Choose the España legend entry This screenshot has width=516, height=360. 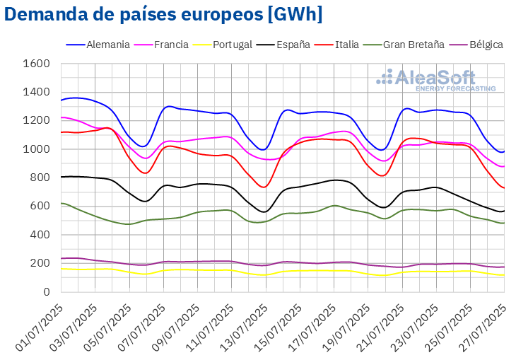[x=291, y=45]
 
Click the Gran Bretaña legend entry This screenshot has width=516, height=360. [x=414, y=45]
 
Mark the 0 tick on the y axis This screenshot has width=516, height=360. [x=46, y=291]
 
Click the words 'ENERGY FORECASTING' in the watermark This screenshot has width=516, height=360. [x=455, y=89]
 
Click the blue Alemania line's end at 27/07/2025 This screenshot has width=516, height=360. [x=503, y=151]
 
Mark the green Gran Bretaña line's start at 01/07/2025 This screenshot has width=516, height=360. [x=61, y=204]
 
